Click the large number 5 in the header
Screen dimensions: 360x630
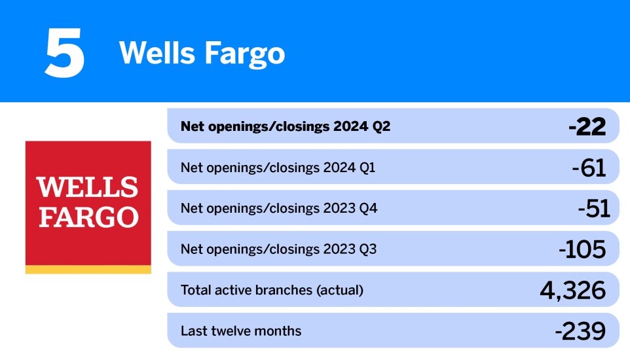point(64,52)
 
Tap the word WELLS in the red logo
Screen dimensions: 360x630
point(88,188)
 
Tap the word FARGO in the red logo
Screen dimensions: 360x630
point(88,217)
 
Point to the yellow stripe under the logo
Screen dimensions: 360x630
point(88,270)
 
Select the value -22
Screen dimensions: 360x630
point(587,126)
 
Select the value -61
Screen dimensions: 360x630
point(589,168)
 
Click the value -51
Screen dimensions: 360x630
point(593,208)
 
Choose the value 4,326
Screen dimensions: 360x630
point(573,290)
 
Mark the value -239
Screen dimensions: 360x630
point(580,331)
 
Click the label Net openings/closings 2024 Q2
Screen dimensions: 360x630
point(285,126)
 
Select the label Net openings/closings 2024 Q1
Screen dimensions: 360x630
point(278,168)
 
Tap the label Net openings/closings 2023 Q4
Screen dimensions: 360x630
point(279,208)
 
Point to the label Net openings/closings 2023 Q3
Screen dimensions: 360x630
point(278,249)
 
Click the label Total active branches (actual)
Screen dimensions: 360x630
point(272,290)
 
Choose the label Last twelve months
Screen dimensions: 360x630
point(241,331)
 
